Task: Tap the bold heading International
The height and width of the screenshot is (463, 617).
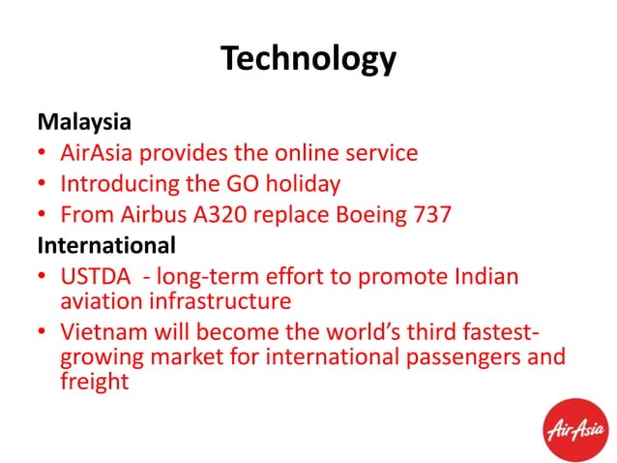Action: (x=106, y=245)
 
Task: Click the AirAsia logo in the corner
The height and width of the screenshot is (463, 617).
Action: (x=577, y=427)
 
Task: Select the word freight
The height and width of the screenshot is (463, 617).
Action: (x=94, y=382)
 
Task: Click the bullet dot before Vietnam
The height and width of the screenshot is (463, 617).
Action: (x=44, y=334)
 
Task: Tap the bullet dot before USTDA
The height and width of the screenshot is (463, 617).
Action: (x=44, y=278)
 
